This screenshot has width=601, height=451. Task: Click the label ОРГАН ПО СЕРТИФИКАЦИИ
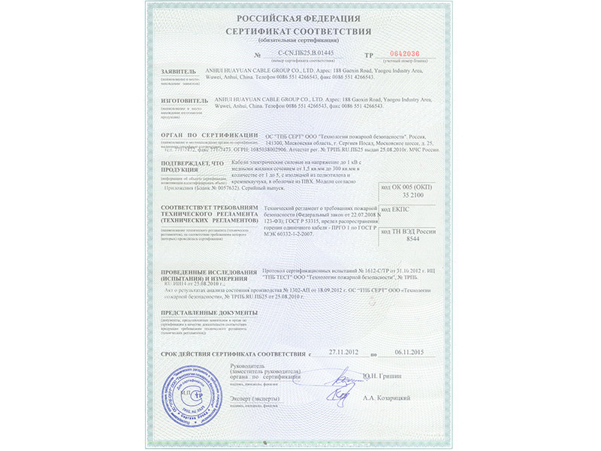coord(204,135)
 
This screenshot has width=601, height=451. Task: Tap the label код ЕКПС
coord(397,206)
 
